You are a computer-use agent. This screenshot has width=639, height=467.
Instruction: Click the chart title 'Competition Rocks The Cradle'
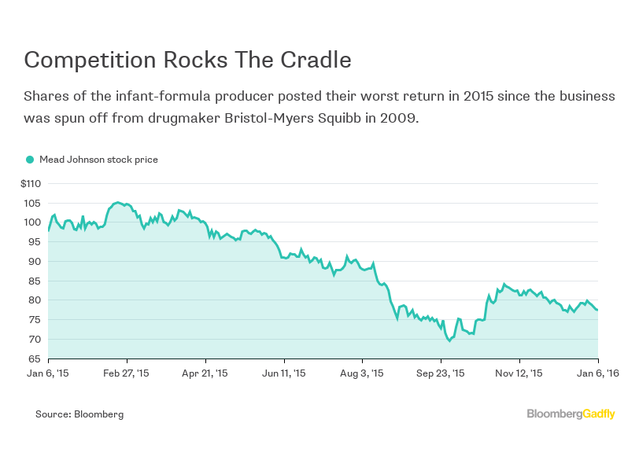pyautogui.click(x=187, y=61)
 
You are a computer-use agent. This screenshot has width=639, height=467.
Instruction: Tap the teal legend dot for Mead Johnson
pyautogui.click(x=30, y=160)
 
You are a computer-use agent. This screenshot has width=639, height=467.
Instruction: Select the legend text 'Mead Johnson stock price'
pyautogui.click(x=98, y=160)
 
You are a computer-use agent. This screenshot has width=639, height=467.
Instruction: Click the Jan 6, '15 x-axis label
pyautogui.click(x=47, y=373)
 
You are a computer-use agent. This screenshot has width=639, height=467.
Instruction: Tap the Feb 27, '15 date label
pyautogui.click(x=126, y=373)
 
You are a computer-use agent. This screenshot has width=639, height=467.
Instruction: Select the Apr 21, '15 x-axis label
pyautogui.click(x=205, y=373)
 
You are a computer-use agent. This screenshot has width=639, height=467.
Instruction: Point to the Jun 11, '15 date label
pyautogui.click(x=283, y=373)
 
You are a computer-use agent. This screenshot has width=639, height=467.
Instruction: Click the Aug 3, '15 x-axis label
pyautogui.click(x=362, y=373)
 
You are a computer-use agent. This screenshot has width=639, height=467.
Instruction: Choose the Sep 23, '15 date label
pyautogui.click(x=441, y=373)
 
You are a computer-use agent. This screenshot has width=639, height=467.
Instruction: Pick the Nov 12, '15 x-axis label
pyautogui.click(x=519, y=373)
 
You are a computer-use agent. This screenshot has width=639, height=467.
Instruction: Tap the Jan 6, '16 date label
pyautogui.click(x=597, y=373)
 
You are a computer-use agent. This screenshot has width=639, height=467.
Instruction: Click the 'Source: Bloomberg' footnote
pyautogui.click(x=79, y=414)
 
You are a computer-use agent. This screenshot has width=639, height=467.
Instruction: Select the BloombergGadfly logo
pyautogui.click(x=571, y=414)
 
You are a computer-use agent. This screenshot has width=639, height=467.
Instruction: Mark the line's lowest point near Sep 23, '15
pyautogui.click(x=449, y=340)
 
